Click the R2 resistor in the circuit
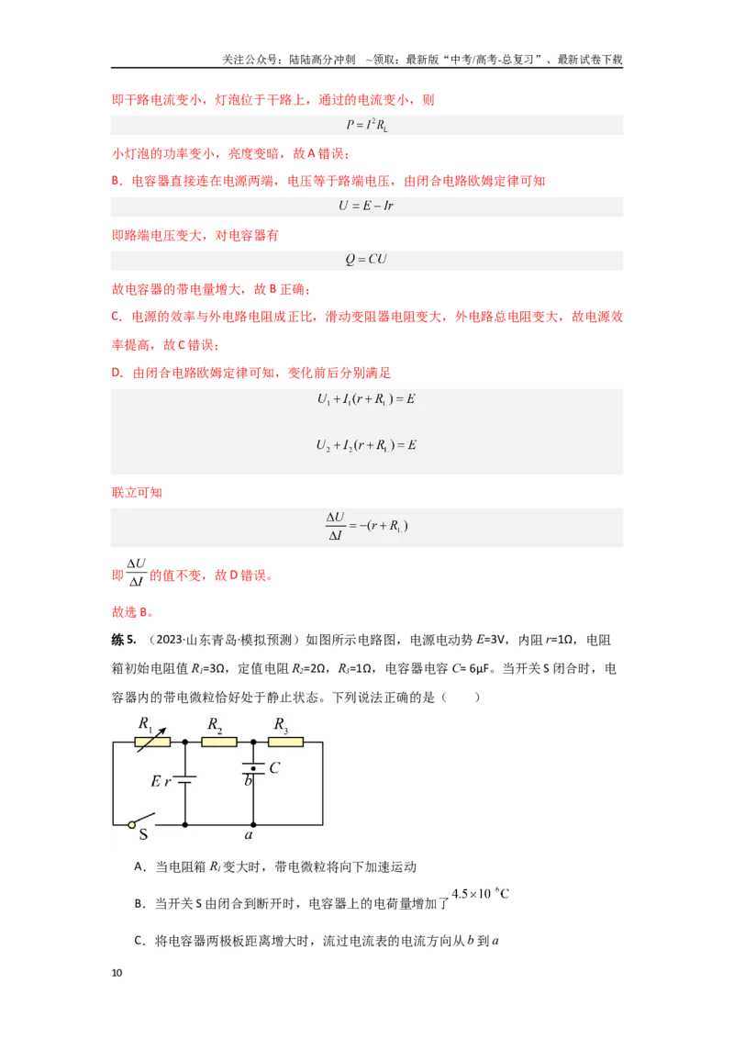(x=218, y=743)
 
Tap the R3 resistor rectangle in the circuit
(x=285, y=743)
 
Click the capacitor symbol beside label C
(x=253, y=768)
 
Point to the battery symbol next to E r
(x=184, y=780)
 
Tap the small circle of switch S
(x=132, y=825)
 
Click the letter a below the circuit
(x=249, y=835)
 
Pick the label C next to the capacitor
(x=274, y=767)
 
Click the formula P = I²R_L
(x=367, y=125)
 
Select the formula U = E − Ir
(x=366, y=206)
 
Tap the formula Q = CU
(x=366, y=259)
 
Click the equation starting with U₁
(x=366, y=399)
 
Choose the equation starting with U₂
(x=366, y=445)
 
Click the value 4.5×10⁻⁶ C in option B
(x=480, y=893)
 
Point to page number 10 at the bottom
(x=117, y=973)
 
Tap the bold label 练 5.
(x=124, y=640)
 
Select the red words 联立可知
(x=137, y=492)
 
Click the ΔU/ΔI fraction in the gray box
(x=336, y=526)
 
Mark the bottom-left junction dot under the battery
(x=184, y=825)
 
